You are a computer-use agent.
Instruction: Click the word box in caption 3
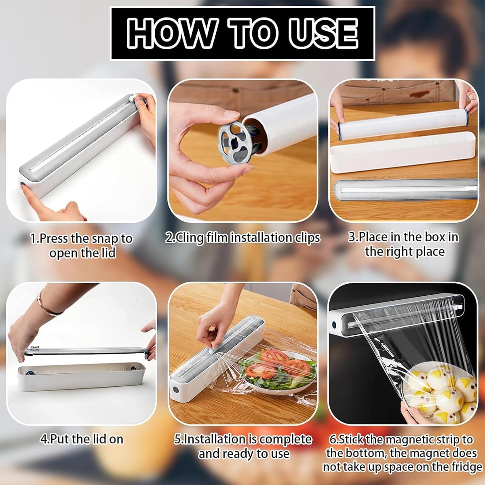431,236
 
